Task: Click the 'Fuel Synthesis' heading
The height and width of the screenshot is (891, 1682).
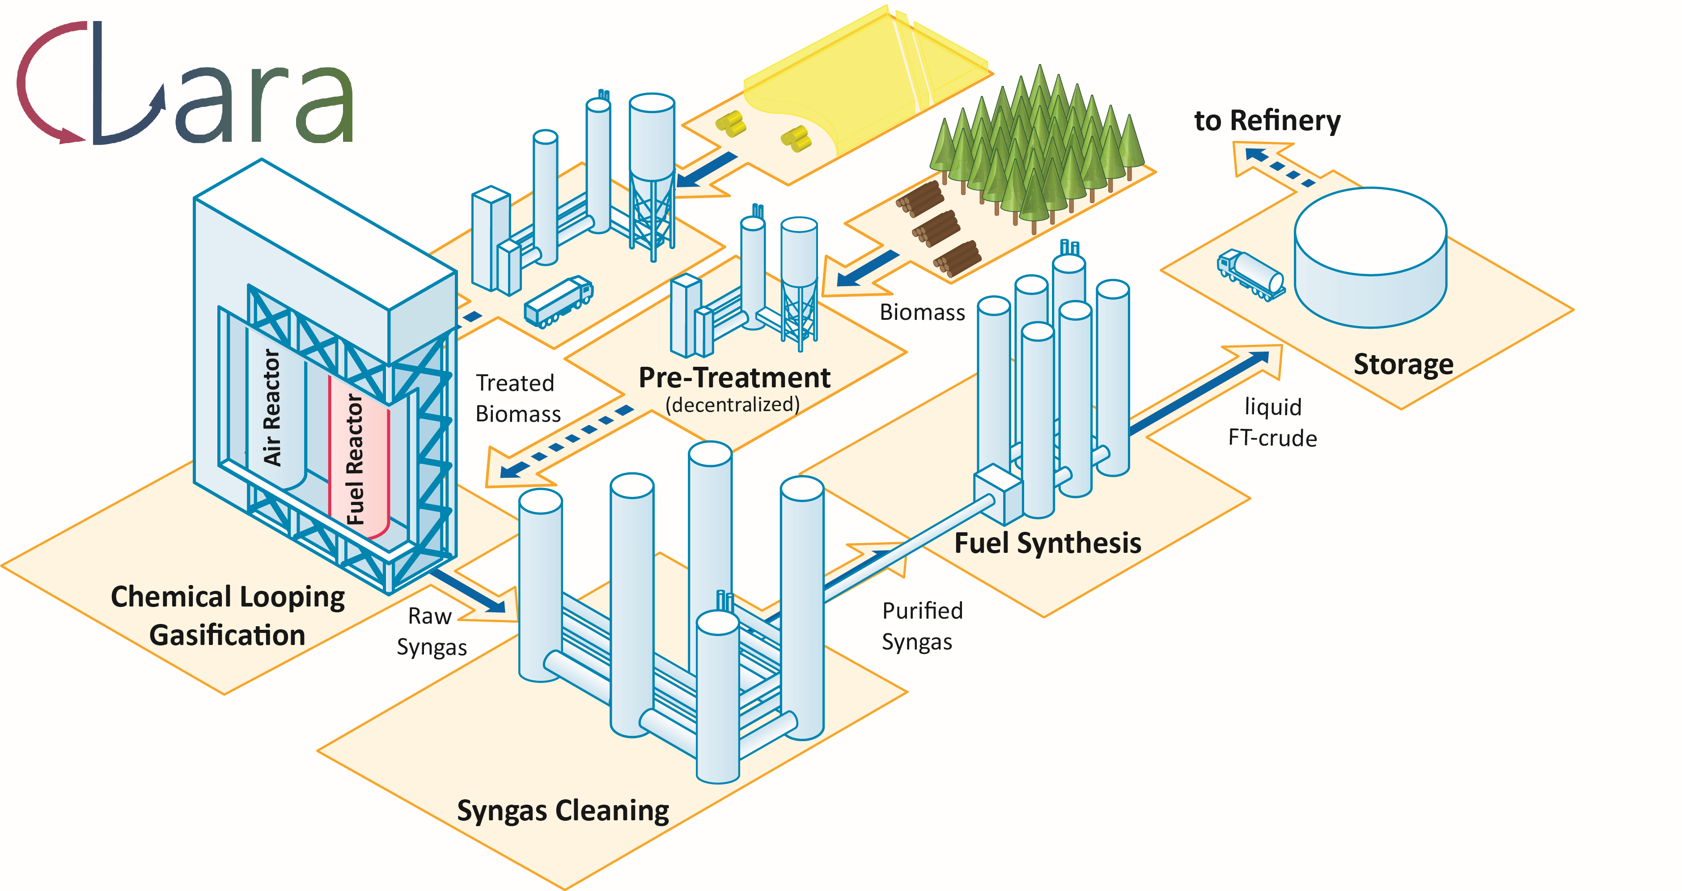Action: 1047,543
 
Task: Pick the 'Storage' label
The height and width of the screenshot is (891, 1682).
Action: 1403,364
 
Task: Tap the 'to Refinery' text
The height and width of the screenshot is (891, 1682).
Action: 1267,121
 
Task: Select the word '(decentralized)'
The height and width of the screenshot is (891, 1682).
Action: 732,405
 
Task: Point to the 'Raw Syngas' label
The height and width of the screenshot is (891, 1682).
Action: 431,631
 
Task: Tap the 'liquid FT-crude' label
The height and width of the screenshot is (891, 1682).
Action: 1272,422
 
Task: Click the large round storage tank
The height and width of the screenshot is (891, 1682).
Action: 1370,258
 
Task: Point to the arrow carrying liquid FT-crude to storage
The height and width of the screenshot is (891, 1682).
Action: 1201,392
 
